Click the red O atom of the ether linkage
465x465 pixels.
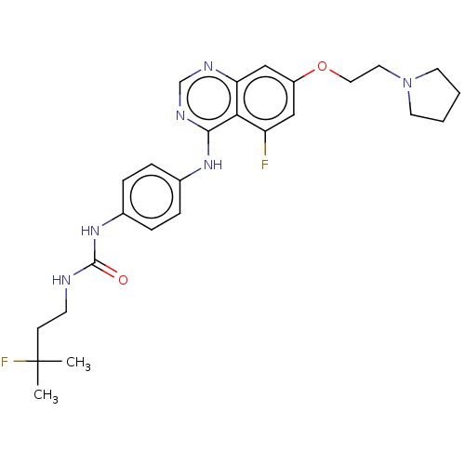pos(322,66)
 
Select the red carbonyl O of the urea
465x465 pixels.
pos(123,280)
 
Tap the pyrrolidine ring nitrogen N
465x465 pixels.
pos(407,83)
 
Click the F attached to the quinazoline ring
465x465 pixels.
pos(264,165)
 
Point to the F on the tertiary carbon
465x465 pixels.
pos(5,362)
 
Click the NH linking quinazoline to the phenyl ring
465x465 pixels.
pos(213,165)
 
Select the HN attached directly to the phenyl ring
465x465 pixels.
pos(90,231)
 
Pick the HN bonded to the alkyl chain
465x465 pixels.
pos(61,280)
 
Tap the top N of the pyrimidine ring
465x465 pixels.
pos(208,66)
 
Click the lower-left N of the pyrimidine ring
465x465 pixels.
pos(180,115)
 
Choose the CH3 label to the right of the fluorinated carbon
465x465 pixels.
pos(78,363)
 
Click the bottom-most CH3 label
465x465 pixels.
pos(46,395)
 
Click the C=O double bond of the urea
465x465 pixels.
pos(105,269)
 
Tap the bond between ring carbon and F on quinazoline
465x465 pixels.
pos(265,143)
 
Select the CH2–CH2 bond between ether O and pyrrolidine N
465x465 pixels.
pos(365,73)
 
